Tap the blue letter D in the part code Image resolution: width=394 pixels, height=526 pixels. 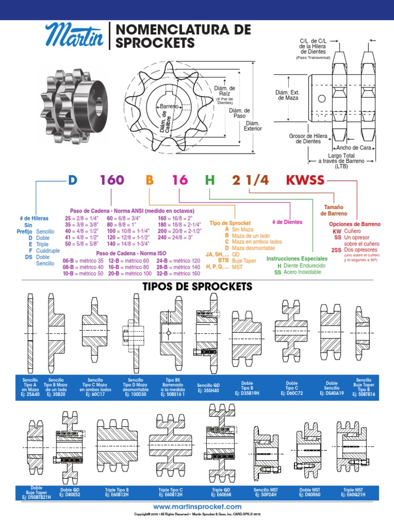(x=72, y=180)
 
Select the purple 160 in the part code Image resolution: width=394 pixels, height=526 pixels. (x=112, y=180)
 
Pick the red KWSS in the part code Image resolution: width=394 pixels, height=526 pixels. (x=305, y=180)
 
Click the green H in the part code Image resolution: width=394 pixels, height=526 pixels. (x=209, y=180)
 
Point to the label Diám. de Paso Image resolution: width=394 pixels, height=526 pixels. (x=240, y=113)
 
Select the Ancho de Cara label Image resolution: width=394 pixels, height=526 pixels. (x=357, y=147)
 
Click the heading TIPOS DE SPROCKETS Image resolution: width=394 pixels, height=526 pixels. (x=197, y=286)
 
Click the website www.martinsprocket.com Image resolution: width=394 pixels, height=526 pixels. (x=197, y=506)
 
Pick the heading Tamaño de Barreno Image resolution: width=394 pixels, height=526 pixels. (x=333, y=210)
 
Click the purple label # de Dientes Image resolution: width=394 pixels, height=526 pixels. (x=287, y=222)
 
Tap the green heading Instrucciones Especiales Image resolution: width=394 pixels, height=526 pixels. (x=296, y=258)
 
